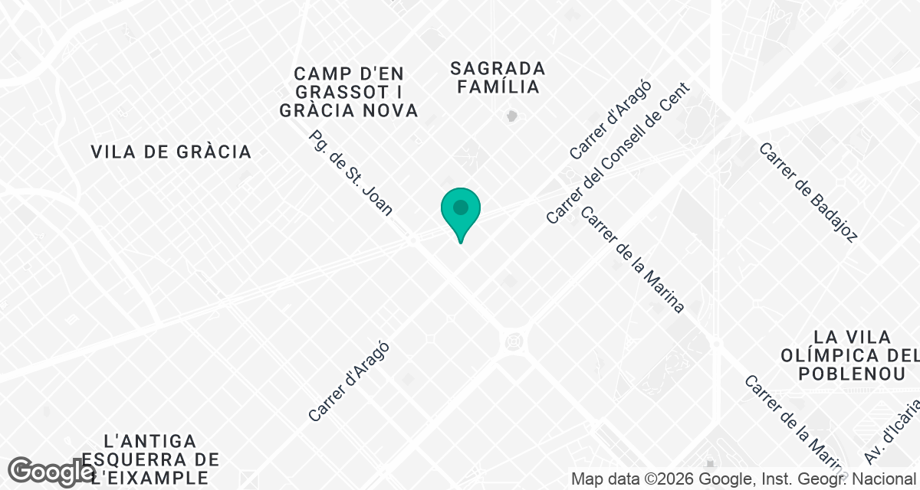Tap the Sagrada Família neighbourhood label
click(x=498, y=77)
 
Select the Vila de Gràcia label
click(x=171, y=152)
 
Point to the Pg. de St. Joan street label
click(x=350, y=173)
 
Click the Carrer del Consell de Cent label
click(x=618, y=153)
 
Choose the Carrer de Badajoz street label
click(x=807, y=192)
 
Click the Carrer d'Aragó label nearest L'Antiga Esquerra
click(x=349, y=381)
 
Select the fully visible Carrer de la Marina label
click(x=632, y=260)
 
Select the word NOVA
click(x=391, y=110)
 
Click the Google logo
click(x=51, y=472)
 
